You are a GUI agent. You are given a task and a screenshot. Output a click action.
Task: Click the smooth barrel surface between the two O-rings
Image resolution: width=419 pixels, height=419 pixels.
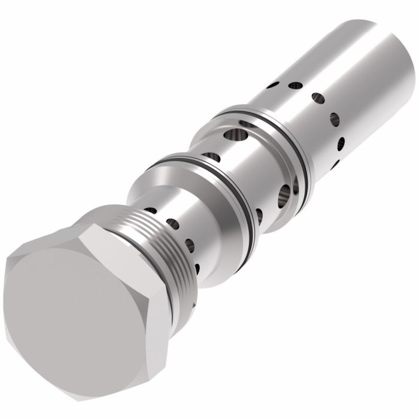(x=239, y=174)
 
